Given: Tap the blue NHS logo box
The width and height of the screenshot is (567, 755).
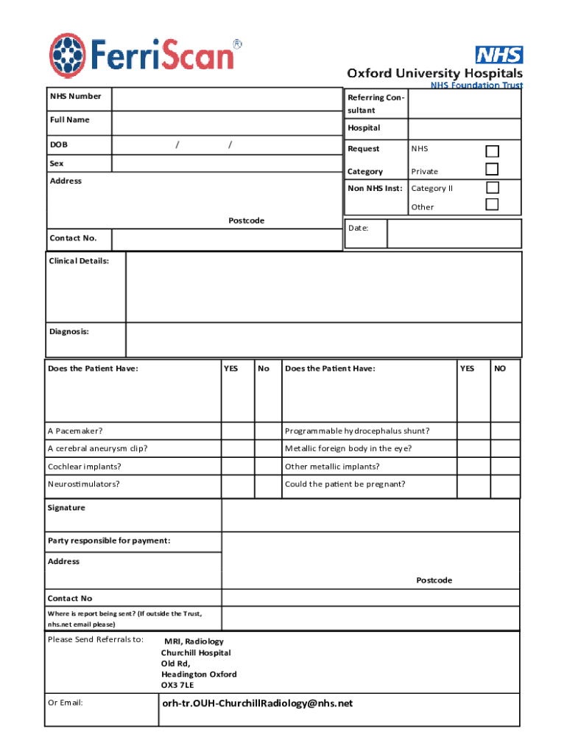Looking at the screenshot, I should coord(499,55).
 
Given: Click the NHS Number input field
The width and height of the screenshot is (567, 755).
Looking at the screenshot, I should coord(226,98).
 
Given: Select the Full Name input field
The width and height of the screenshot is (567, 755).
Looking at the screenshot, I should coord(226,122).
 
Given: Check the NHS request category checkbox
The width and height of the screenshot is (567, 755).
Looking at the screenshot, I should coord(492,151).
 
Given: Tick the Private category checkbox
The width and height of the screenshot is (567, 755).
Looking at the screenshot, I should coord(492,170).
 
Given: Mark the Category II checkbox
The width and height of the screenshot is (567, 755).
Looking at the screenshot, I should coord(492,187).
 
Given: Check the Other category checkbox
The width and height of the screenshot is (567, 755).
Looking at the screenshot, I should coord(492,205).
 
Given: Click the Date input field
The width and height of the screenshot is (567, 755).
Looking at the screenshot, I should coord(454,234).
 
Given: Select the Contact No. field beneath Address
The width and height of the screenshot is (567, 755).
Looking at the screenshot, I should coord(226,239).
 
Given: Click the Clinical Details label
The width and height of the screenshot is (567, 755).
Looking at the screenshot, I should coord(79,261).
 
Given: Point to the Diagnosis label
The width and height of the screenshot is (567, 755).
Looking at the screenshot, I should coord(69,332).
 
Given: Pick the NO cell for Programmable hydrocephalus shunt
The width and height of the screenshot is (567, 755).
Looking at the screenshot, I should coord(505,431).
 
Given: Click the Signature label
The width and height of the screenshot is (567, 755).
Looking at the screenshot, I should coord(66,508).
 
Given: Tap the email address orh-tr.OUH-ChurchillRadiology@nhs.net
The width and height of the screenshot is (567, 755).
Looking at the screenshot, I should coord(257,703).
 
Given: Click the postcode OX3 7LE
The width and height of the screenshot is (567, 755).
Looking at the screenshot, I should coord(177,685).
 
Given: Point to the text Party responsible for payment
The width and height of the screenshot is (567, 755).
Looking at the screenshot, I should coord(109,541).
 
